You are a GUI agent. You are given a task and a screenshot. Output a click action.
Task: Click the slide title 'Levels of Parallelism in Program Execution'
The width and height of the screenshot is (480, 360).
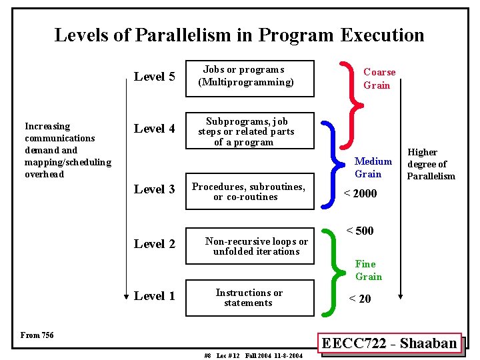click(x=239, y=35)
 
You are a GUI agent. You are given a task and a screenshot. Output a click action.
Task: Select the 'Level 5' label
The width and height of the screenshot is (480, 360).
click(x=155, y=77)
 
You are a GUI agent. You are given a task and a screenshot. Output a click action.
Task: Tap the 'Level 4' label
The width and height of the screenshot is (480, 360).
click(x=155, y=129)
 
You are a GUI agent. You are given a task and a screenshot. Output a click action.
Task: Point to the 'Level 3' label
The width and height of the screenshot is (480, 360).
click(x=155, y=189)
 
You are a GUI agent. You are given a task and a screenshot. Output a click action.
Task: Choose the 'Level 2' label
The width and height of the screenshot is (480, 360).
click(x=155, y=244)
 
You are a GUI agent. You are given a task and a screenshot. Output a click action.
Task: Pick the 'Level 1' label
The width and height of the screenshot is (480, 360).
click(x=155, y=296)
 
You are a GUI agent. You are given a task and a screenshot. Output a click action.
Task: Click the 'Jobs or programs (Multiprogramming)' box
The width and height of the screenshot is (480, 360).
click(x=246, y=76)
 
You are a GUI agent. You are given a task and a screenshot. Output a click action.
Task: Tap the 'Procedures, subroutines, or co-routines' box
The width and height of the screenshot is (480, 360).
click(x=249, y=191)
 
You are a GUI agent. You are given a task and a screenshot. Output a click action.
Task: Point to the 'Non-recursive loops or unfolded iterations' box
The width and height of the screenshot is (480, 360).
click(x=257, y=246)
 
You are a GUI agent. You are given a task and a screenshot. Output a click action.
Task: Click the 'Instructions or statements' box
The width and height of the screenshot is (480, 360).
click(x=249, y=297)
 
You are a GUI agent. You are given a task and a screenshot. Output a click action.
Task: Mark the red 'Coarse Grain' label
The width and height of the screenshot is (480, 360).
click(x=379, y=79)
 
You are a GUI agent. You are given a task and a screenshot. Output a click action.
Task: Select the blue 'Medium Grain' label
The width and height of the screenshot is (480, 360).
click(x=373, y=167)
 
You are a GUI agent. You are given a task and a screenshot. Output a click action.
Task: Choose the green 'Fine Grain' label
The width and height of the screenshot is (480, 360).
click(x=368, y=270)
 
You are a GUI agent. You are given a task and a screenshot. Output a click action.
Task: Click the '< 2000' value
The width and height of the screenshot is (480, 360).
click(x=360, y=193)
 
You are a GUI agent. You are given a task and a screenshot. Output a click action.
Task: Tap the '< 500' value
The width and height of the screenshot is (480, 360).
click(x=360, y=231)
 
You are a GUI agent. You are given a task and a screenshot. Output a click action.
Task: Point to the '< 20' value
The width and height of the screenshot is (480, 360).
click(x=360, y=299)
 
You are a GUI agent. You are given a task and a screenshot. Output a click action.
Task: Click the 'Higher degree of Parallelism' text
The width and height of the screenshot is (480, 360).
click(x=431, y=164)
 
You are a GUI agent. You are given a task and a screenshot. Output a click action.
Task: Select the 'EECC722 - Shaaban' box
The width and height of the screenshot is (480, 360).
click(x=389, y=344)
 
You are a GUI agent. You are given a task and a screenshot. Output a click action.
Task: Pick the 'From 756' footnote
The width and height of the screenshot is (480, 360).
click(x=37, y=335)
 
